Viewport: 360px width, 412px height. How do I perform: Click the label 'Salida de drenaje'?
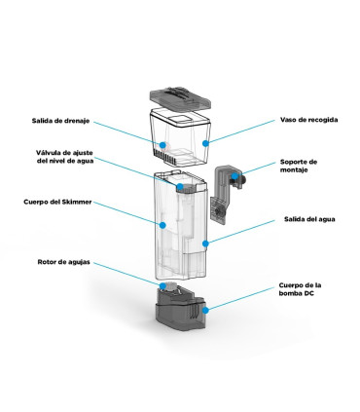62,122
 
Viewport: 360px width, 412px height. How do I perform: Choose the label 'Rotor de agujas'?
63,262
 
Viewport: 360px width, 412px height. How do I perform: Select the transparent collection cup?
185,136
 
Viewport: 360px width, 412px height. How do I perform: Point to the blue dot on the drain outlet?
164,145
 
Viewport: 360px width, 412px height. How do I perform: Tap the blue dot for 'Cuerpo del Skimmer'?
163,224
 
